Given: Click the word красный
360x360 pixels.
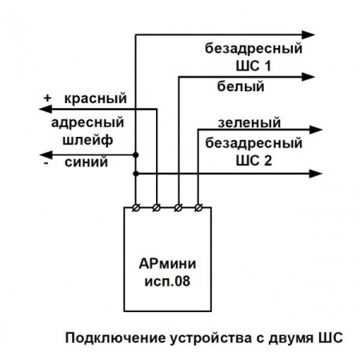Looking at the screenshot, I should pos(97,99).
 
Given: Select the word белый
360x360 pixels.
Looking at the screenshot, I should pos(240,86).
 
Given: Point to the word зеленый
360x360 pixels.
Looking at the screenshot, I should pos(250,123).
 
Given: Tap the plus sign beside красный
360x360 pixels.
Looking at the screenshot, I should pos(48,99).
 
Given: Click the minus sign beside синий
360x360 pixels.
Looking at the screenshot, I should pos(48,162).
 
